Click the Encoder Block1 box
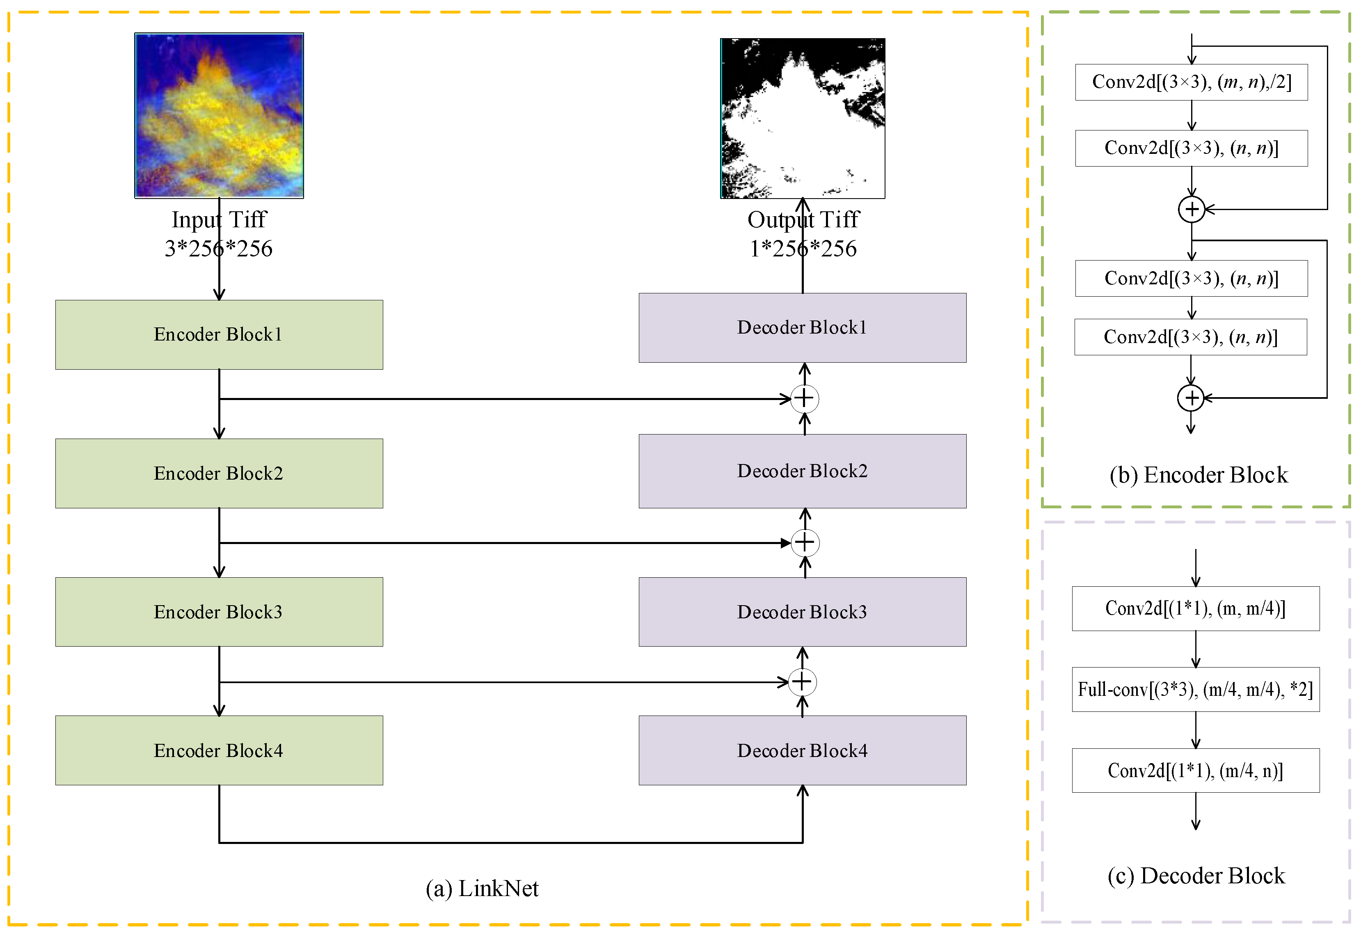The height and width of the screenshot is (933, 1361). [219, 334]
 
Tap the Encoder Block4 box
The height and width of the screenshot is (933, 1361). [219, 750]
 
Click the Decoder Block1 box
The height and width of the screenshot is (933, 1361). [802, 327]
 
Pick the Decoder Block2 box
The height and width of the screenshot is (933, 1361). [802, 471]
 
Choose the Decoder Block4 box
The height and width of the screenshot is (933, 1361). [802, 750]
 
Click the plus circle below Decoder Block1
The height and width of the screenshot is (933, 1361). [805, 399]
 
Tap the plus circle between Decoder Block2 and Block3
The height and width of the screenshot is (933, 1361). [805, 542]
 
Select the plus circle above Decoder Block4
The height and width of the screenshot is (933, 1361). [802, 682]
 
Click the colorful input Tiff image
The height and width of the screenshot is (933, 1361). [219, 115]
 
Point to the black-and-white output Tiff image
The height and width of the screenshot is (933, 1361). [802, 118]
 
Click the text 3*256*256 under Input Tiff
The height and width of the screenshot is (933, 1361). [218, 249]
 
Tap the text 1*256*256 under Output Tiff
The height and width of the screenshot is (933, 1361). [803, 249]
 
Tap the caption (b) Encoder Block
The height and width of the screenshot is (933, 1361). [1198, 475]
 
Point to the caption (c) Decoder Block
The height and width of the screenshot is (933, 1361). [1196, 876]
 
